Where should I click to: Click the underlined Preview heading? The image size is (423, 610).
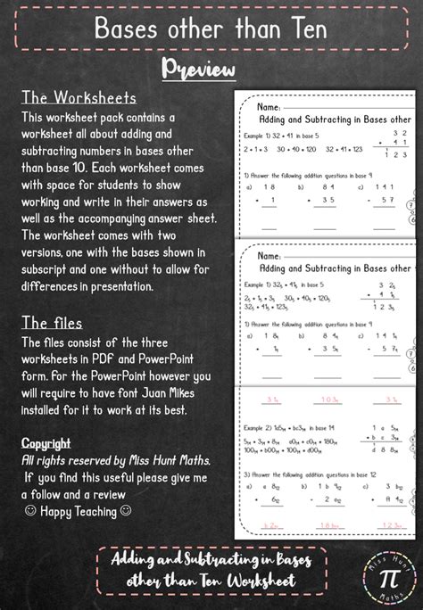(198, 70)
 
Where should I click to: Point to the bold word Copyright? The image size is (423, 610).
(45, 442)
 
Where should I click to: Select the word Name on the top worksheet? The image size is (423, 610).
(270, 103)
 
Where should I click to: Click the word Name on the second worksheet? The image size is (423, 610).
(270, 254)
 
